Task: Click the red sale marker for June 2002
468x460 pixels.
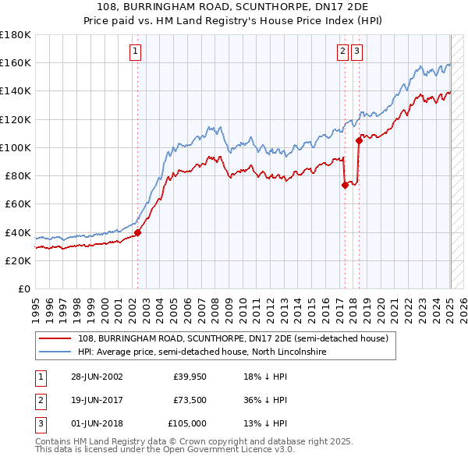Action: point(138,232)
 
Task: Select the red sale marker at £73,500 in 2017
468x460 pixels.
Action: point(344,185)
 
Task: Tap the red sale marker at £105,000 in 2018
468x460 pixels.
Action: point(359,140)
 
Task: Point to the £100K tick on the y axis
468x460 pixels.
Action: point(16,147)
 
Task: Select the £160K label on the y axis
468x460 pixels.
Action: point(16,62)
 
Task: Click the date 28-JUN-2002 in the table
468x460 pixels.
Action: point(96,377)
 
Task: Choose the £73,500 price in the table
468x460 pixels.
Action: point(190,400)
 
